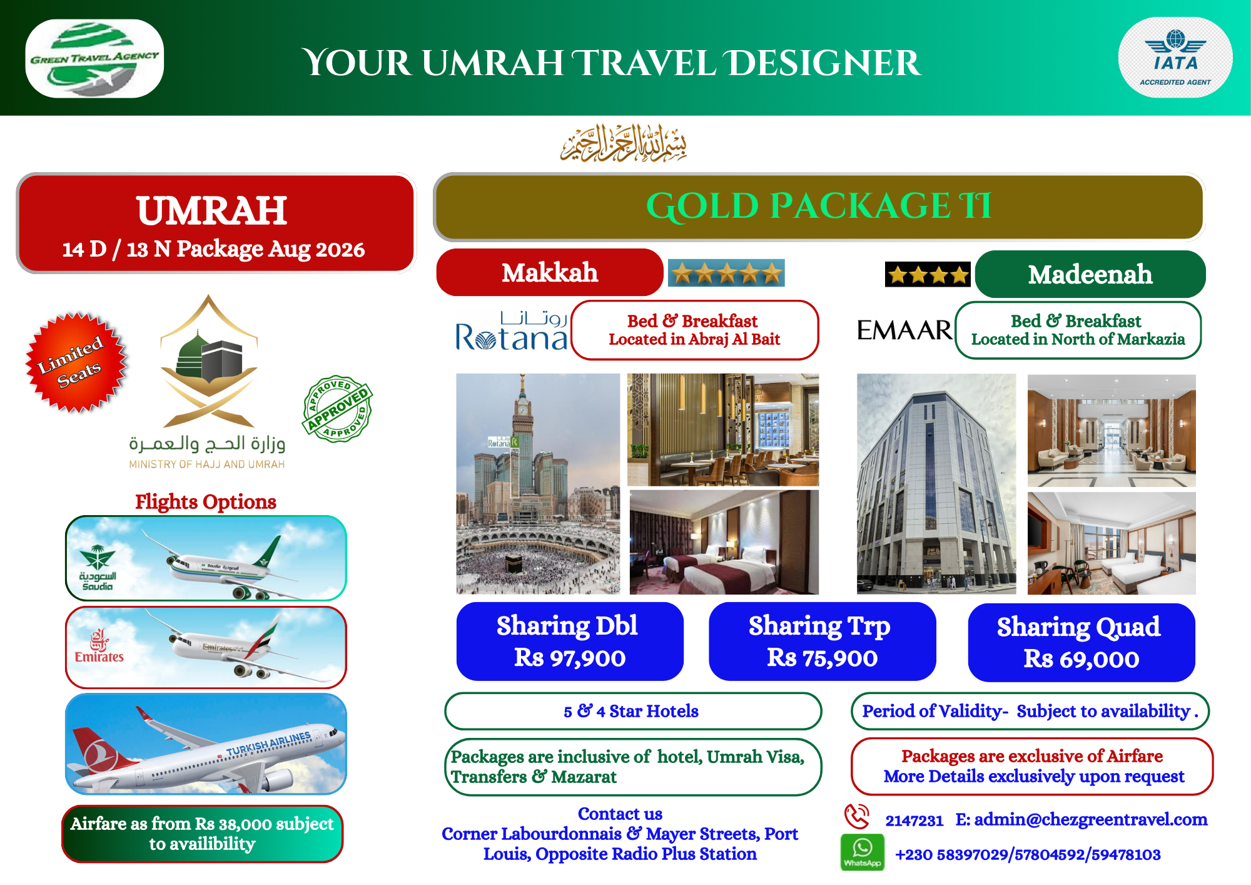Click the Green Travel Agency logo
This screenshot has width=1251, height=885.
94,58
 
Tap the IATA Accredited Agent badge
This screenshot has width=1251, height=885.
1175,58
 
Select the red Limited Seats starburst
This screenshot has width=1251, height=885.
76,362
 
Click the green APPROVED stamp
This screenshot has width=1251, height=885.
338,409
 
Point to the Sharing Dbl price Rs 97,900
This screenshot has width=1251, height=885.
570,658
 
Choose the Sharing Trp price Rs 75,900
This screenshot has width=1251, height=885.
823,658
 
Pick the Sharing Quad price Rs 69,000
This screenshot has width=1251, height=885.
1081,659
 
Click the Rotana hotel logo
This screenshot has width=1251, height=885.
512,330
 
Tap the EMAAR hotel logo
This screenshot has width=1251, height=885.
904,330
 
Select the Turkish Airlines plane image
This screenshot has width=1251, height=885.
206,744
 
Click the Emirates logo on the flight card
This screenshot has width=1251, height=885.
99,646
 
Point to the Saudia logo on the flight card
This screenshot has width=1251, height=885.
98,568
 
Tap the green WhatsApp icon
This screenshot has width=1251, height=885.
863,852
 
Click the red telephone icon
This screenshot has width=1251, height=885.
857,817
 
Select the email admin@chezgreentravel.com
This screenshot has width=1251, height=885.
1090,819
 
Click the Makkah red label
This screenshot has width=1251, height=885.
550,272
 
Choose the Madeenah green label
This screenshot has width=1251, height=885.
1090,274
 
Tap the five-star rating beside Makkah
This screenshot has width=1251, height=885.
726,273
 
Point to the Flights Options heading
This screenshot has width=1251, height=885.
206,501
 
